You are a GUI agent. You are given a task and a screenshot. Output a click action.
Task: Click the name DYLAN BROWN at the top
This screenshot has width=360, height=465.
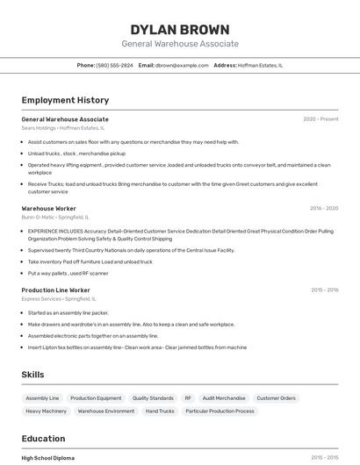coord(179,29)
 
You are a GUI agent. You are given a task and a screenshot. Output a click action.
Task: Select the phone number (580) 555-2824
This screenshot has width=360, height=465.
coord(115,65)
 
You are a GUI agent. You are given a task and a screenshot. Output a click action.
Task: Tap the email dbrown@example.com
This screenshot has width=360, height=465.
coord(182,65)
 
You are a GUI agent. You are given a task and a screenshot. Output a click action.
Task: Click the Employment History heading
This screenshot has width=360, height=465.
coord(65,100)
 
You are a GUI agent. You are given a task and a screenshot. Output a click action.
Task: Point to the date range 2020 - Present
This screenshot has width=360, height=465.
coord(320,119)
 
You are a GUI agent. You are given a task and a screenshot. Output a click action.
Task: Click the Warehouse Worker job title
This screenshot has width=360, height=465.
coord(48,208)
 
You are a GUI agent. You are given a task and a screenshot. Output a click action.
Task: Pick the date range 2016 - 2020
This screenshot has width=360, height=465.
coord(323,208)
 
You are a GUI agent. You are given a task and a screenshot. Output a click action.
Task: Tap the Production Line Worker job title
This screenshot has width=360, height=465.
coord(55,290)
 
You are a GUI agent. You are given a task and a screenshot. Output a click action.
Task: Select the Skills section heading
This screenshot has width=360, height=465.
coord(32,375)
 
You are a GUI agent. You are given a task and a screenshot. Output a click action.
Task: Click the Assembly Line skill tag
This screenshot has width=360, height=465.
coord(42,398)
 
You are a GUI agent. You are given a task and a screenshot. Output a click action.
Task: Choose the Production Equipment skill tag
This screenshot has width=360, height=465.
coord(96,398)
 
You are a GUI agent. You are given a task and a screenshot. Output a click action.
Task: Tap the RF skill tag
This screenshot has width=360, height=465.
coord(188,398)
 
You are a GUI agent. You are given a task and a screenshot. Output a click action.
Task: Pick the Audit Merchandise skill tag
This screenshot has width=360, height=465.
coord(224,398)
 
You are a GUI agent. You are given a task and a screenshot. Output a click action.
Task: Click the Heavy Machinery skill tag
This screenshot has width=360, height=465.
coord(46,411)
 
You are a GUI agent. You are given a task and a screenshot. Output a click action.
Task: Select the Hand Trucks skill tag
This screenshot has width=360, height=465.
coord(160,411)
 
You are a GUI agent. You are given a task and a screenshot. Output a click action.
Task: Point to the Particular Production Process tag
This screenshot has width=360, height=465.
coord(220,411)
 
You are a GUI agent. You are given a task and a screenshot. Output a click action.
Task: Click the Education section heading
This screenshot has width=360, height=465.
coord(43,439)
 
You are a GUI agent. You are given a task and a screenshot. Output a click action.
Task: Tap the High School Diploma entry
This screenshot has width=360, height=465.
coord(47,458)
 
